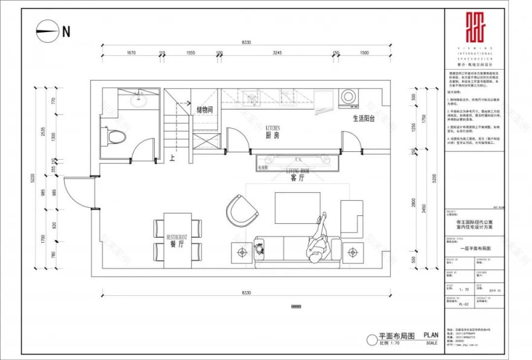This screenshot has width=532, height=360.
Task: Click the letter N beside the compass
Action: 66,31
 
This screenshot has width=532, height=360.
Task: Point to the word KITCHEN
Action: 272,128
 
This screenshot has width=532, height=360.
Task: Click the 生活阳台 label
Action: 364,119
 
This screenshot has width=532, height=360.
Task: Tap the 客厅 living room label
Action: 297,179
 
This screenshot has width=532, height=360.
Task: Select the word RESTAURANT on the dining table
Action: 174,237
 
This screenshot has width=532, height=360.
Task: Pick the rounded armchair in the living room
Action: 241,209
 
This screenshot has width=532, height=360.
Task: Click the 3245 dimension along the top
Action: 277,53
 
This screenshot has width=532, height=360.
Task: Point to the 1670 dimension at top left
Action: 131,53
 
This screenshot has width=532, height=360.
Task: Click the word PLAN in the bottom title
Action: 430,335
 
